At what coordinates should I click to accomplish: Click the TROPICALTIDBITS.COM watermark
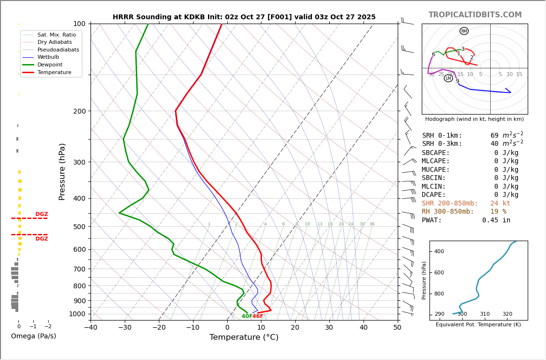tap(475, 15)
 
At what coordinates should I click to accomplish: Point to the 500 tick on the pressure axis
tap(78, 227)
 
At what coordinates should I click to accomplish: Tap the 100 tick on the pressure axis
tap(79, 24)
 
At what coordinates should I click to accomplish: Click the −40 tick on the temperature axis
tap(91, 328)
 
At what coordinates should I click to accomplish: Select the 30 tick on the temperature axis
tap(329, 328)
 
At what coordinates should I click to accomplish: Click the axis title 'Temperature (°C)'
tap(244, 337)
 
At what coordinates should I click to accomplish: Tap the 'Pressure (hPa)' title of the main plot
tap(62, 171)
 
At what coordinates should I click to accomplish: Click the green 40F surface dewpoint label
tap(247, 316)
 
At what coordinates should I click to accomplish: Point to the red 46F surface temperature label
tap(258, 316)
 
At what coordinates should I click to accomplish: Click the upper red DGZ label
tap(41, 214)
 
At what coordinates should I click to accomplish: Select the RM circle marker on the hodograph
tap(464, 31)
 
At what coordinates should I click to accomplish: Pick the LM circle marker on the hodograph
tap(448, 78)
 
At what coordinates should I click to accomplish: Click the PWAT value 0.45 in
tap(496, 220)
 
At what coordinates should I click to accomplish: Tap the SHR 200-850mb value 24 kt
tap(500, 204)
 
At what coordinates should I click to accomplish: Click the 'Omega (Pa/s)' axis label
tap(33, 336)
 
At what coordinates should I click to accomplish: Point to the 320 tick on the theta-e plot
tap(507, 314)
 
